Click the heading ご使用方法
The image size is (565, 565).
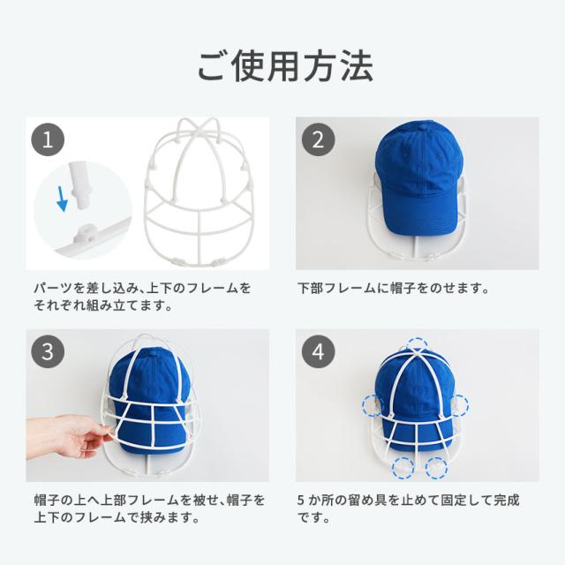pos(285,66)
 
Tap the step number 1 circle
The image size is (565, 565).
pos(48,139)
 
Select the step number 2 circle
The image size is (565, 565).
pos(318,139)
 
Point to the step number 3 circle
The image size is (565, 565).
pos(48,351)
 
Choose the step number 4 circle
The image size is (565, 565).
pos(318,351)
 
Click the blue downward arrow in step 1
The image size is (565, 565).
pos(62,199)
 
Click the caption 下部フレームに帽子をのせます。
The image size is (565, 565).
pos(394,289)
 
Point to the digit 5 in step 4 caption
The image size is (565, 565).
pos(301,501)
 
